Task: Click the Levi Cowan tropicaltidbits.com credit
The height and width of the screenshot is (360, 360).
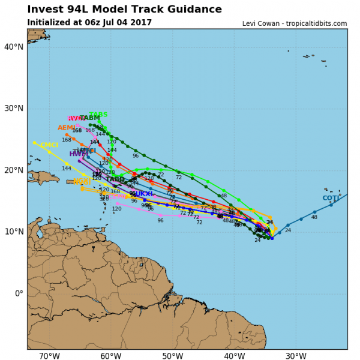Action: tap(294, 23)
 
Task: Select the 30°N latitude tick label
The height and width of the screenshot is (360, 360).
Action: tap(13, 109)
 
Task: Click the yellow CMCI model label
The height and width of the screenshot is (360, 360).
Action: tap(49, 145)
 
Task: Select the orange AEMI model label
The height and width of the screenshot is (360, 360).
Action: tap(67, 128)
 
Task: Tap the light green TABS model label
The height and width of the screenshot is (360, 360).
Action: tap(98, 115)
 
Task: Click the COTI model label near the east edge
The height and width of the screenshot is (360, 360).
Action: tap(331, 198)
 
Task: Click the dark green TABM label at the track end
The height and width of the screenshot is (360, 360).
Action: tap(90, 118)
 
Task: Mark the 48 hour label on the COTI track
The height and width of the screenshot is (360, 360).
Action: tap(314, 217)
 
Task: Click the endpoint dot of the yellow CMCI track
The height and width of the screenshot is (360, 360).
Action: tap(35, 143)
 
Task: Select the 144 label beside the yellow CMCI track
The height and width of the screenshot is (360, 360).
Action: tap(67, 169)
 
